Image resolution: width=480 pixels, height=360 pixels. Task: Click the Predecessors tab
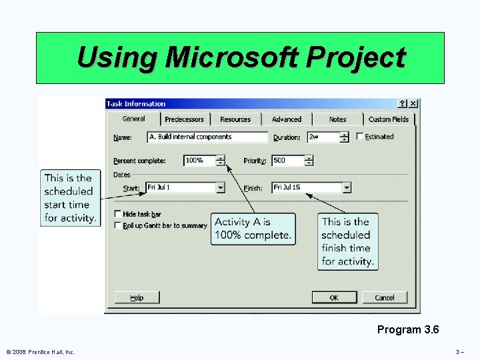pos(185,119)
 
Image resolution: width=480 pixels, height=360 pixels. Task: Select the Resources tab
pos(235,119)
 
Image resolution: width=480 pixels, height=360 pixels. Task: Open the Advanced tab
pos(287,119)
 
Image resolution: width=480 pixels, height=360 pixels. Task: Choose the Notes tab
pos(338,119)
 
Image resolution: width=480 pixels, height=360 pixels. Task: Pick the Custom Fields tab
pos(389,119)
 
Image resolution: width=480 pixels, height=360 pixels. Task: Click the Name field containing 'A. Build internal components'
pos(207,137)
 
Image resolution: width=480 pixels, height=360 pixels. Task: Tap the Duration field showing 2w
pos(323,137)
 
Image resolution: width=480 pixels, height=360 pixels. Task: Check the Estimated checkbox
pos(361,137)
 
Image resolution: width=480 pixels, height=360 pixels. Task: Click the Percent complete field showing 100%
pos(199,161)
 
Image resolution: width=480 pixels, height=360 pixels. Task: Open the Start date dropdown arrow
pos(221,188)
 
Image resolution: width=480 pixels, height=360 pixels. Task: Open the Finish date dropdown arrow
pos(347,188)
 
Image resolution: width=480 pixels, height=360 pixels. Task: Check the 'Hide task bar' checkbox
pos(118,214)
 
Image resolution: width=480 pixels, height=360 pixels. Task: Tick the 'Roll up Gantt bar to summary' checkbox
pos(118,225)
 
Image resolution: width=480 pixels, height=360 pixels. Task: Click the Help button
pos(137,297)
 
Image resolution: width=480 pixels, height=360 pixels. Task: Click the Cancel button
pos(385,297)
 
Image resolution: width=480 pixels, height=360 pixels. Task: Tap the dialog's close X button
pos(413,103)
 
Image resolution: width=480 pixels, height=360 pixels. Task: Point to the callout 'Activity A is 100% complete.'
pos(253,229)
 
